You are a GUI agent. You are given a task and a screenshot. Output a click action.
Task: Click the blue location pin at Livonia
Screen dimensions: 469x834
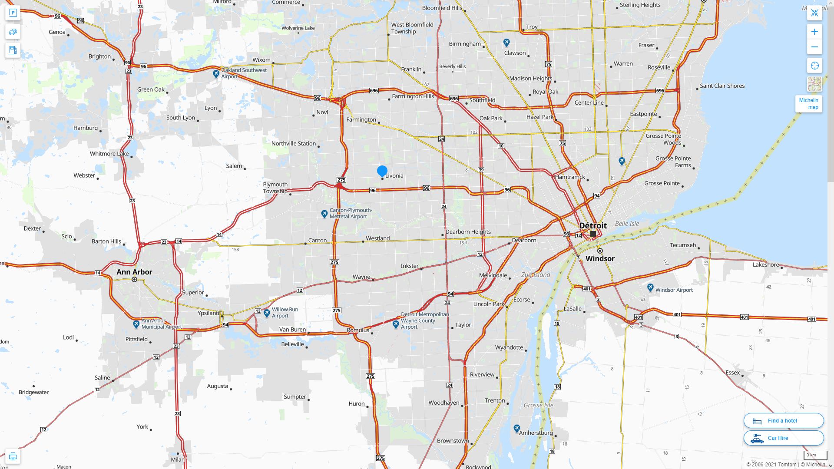pos(382,171)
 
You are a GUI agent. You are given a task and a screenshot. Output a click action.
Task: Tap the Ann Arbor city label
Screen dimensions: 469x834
pos(134,272)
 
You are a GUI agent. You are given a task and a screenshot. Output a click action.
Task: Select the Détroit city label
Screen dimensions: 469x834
pos(593,225)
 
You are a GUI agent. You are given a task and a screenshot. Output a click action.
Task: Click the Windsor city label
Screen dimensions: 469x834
pos(600,258)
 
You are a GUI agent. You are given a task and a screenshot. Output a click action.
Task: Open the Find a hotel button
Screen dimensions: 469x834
pos(783,420)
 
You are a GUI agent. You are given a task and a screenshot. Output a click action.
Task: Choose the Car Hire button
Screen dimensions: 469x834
pos(783,438)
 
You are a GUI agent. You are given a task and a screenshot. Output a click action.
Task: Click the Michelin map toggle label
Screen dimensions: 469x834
pos(808,104)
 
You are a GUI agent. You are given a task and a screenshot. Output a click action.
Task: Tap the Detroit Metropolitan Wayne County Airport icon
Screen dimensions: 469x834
pos(396,324)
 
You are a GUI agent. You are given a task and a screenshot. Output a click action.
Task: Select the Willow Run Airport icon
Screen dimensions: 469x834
pos(267,313)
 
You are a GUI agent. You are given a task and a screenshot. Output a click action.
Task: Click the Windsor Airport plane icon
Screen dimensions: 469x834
pos(650,287)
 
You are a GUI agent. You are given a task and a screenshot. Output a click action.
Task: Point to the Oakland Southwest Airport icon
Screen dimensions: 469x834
pos(216,73)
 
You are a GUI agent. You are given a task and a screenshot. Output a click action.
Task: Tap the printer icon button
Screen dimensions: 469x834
pos(13,456)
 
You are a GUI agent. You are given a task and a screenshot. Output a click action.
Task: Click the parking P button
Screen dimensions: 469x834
pos(13,13)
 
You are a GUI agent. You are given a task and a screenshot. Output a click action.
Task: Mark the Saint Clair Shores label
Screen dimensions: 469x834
pos(722,86)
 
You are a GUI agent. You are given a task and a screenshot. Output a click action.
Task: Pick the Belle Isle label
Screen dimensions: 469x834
pos(627,224)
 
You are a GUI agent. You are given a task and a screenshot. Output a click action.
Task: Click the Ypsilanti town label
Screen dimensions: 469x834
pos(208,313)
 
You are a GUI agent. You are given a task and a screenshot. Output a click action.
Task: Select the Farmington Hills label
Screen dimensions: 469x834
pos(413,96)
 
